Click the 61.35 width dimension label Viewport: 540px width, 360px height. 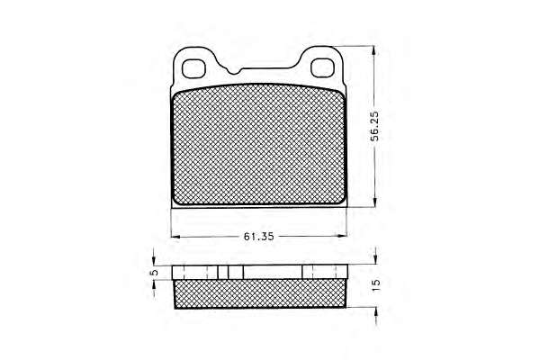258,237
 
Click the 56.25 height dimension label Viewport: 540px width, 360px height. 374,126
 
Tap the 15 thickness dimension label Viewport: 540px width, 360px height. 376,285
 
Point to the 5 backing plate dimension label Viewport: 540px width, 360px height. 155,272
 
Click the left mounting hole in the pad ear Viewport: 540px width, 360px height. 193,68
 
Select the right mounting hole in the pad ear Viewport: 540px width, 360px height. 323,67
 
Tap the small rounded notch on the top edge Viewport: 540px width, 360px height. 234,71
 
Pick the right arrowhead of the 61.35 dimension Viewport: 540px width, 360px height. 342,236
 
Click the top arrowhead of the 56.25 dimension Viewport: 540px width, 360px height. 374,50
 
